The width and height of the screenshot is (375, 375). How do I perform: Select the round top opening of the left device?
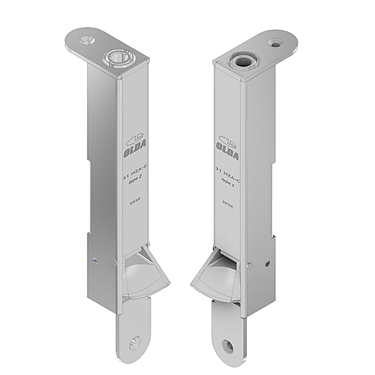pyautogui.click(x=118, y=55)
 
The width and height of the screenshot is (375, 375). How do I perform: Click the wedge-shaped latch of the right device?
pyautogui.click(x=215, y=277)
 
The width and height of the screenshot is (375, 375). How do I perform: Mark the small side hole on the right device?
pyautogui.click(x=264, y=262)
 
